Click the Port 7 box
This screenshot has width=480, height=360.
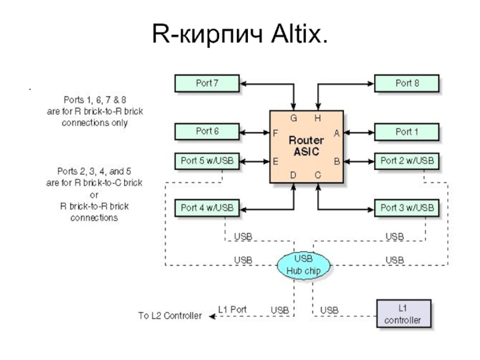(x=206, y=83)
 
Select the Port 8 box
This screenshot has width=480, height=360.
(x=407, y=83)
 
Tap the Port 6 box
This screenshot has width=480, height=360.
(x=206, y=131)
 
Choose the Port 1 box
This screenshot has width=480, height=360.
(x=407, y=131)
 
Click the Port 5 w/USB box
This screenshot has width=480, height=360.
(x=206, y=161)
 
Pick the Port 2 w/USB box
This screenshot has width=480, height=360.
(x=407, y=161)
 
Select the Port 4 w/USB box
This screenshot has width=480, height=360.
(x=206, y=208)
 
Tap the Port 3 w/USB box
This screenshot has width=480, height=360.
(x=407, y=208)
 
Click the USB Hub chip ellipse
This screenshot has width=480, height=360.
(x=304, y=265)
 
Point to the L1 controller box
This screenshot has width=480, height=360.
(x=403, y=314)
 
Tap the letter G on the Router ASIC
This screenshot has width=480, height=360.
(x=294, y=118)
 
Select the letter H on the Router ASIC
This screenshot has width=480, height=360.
(x=318, y=118)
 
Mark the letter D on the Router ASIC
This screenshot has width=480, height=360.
(x=294, y=175)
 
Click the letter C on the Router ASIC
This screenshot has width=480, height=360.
(x=318, y=175)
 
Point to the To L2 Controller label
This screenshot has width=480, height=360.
(x=170, y=316)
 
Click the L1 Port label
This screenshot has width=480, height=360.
(x=232, y=310)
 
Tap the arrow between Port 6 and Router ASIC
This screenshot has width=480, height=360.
(x=254, y=131)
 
